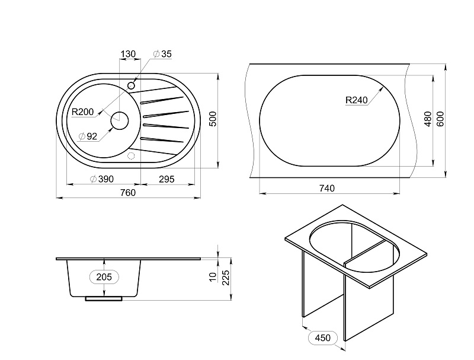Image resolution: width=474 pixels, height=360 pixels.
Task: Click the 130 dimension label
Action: click(x=128, y=54)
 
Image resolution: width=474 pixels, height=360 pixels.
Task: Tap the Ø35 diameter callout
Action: click(x=162, y=54)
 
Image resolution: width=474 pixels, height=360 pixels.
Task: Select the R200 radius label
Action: click(x=82, y=112)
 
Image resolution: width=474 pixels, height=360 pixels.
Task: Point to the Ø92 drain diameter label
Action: click(x=88, y=136)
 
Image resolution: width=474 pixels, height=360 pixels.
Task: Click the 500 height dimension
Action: click(x=213, y=119)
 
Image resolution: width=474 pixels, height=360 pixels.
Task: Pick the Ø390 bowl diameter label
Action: click(x=102, y=179)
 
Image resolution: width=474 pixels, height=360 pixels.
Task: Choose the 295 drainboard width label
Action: click(x=166, y=179)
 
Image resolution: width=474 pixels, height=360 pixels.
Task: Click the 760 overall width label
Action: click(x=128, y=193)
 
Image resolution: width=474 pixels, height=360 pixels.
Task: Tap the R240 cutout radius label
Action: click(x=357, y=100)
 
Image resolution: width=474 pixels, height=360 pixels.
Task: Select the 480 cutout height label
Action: click(x=427, y=119)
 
